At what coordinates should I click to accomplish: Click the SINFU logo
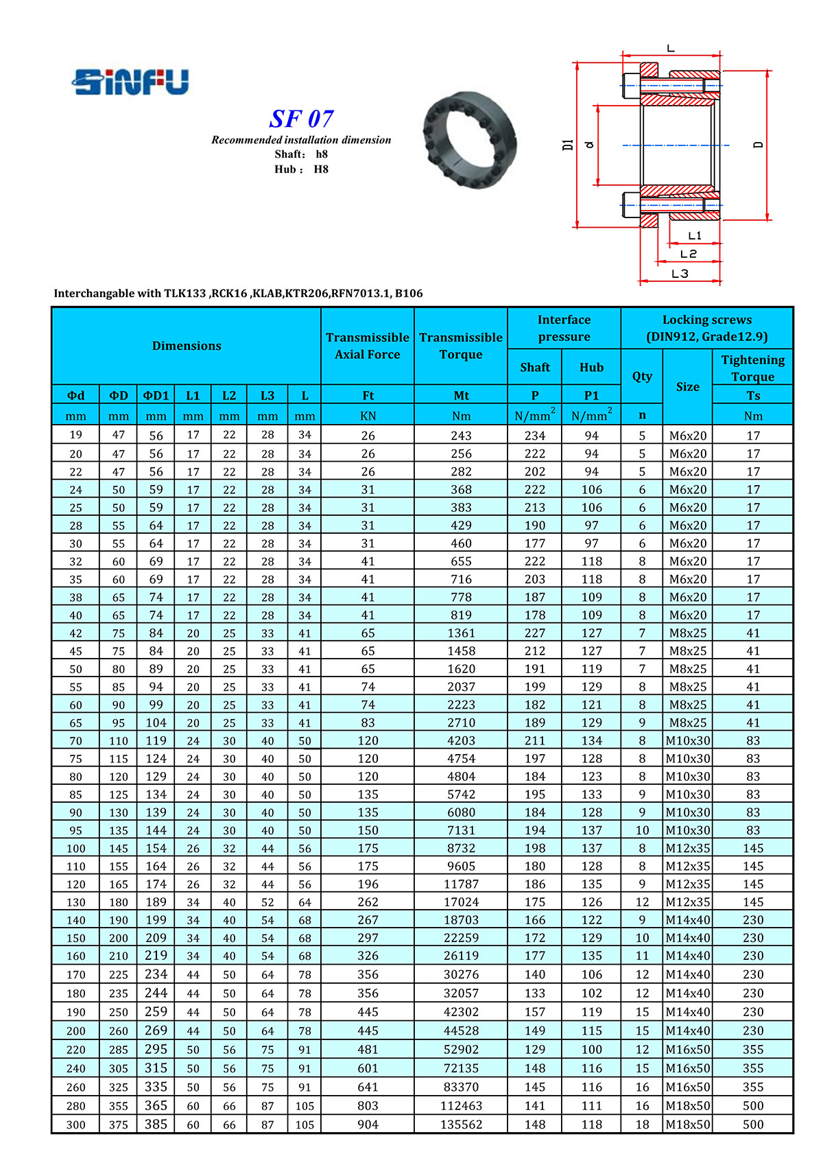pos(130,82)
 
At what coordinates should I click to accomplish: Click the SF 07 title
pos(301,119)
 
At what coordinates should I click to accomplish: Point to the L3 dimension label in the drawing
pos(680,274)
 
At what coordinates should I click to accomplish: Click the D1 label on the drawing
pos(568,145)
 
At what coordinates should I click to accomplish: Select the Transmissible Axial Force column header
pos(368,346)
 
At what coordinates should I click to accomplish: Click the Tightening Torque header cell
pos(752,368)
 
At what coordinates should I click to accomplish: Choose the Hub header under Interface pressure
pos(591,367)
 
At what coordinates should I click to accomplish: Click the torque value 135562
pos(461,1125)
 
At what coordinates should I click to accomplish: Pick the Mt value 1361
pos(461,633)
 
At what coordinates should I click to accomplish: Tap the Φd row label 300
pos(75,1125)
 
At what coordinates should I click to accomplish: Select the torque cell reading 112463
pos(461,1106)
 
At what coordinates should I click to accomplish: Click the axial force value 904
pos(368,1125)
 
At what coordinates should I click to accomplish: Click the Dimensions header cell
pos(187,346)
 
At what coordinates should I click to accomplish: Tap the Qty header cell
pos(642,376)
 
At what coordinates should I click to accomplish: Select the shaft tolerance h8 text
pos(322,154)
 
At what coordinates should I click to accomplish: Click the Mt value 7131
pos(461,830)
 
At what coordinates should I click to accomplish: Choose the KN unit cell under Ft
pos(368,416)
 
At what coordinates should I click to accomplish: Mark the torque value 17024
pos(461,902)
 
